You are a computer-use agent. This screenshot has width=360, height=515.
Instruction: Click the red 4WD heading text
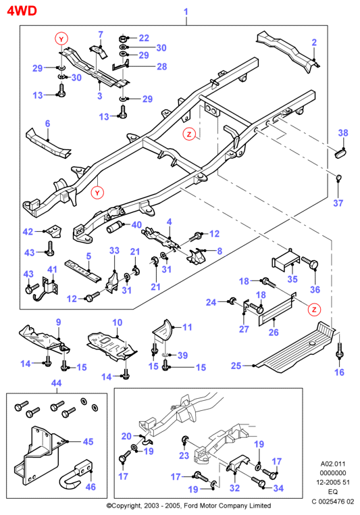(x=22, y=11)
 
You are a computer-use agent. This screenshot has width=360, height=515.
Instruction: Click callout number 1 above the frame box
(x=186, y=11)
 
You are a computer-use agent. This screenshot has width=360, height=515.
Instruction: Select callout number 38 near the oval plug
(x=343, y=132)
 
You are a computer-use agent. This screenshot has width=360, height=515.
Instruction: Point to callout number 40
(x=136, y=224)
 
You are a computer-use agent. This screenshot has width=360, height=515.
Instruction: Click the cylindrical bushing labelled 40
(x=115, y=227)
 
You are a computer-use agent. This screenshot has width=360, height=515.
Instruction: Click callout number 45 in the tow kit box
(x=88, y=441)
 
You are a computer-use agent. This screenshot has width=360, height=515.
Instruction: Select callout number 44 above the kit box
(x=56, y=383)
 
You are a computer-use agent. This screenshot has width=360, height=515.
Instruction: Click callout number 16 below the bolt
(x=339, y=372)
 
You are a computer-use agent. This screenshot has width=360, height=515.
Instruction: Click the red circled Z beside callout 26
(x=314, y=310)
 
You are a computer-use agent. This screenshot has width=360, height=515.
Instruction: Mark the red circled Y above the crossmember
(x=61, y=39)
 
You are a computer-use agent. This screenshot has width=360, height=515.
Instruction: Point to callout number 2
(x=314, y=43)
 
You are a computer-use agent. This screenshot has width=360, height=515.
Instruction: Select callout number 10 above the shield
(x=117, y=322)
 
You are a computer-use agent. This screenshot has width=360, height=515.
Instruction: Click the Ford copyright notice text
(x=188, y=506)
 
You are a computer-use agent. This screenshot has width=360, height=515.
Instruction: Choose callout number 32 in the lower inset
(x=234, y=488)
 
